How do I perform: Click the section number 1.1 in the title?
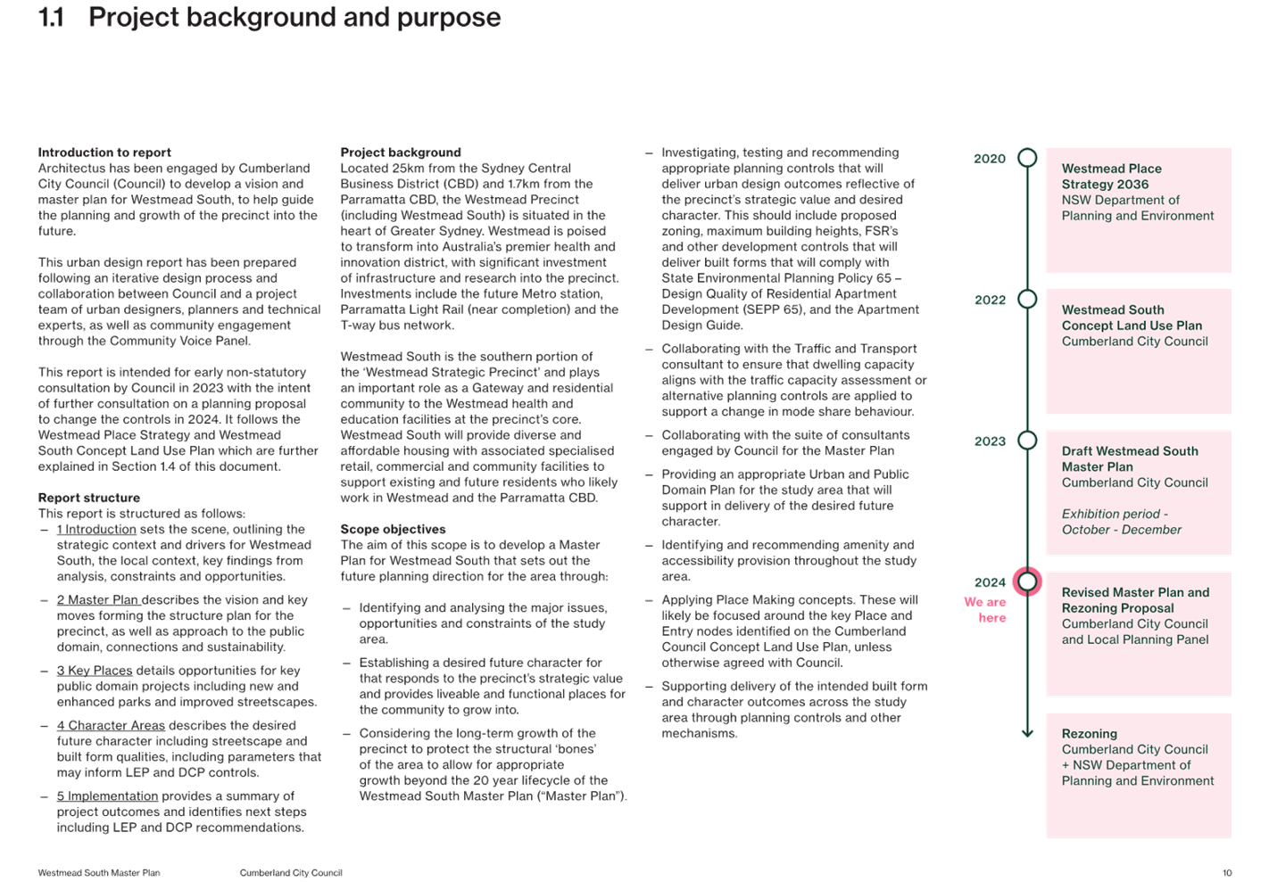pyautogui.click(x=51, y=18)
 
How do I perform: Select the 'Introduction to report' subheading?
pyautogui.click(x=104, y=152)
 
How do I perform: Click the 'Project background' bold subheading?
pyautogui.click(x=401, y=152)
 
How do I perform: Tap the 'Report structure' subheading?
pyautogui.click(x=89, y=498)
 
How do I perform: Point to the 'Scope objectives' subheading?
pyautogui.click(x=393, y=529)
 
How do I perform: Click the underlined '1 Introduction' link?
pyautogui.click(x=96, y=530)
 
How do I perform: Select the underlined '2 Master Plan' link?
pyautogui.click(x=97, y=599)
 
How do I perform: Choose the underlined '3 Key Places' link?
pyautogui.click(x=95, y=671)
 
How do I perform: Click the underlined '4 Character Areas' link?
pyautogui.click(x=111, y=725)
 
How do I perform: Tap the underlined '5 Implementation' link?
pyautogui.click(x=107, y=796)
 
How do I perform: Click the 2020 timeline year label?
pyautogui.click(x=990, y=159)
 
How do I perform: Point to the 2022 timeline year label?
pyautogui.click(x=991, y=300)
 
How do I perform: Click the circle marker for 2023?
pyautogui.click(x=1027, y=440)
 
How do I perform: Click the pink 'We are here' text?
pyautogui.click(x=985, y=610)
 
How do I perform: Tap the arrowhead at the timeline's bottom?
pyautogui.click(x=1027, y=734)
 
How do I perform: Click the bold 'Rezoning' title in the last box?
pyautogui.click(x=1090, y=734)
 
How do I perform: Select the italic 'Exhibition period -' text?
pyautogui.click(x=1115, y=514)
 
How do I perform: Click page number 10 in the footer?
pyautogui.click(x=1227, y=873)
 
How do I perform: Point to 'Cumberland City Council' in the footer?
pyautogui.click(x=291, y=873)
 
